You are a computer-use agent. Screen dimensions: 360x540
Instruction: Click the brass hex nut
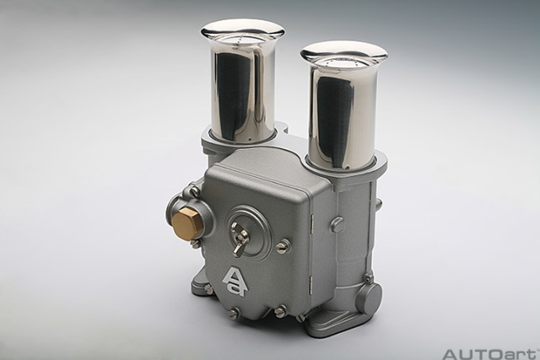[187, 223]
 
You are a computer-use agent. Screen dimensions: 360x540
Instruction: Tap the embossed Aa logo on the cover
[235, 282]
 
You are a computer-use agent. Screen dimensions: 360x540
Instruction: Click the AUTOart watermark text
[490, 353]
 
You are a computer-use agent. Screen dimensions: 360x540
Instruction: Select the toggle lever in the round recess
[240, 239]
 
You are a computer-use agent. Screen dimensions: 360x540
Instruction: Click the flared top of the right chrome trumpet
[343, 53]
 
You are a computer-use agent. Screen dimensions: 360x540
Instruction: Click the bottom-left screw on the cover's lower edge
[234, 313]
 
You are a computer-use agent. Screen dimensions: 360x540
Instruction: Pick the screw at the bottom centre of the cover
[279, 311]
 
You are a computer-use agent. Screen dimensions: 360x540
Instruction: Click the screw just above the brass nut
[195, 191]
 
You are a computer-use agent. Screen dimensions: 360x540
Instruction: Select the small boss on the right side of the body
[337, 224]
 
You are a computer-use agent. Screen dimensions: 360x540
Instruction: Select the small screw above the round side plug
[368, 276]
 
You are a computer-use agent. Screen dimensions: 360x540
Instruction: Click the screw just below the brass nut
[196, 244]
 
